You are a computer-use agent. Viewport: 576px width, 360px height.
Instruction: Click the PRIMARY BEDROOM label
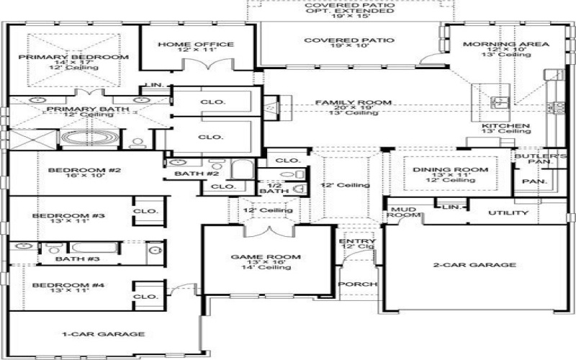73,57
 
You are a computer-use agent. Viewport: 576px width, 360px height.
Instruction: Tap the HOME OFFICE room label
185,45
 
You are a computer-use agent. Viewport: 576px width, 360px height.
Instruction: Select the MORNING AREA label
505,45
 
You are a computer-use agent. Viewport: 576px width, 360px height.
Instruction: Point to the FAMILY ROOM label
354,103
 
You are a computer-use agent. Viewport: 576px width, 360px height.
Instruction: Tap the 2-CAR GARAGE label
476,265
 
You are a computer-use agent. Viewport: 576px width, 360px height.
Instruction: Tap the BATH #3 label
77,258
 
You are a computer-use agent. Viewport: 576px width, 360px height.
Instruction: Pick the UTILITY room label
508,213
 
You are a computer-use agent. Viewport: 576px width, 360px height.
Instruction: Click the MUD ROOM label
404,212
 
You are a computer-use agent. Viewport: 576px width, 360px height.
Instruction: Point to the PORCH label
358,284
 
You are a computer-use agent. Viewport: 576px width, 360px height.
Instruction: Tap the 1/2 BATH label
269,186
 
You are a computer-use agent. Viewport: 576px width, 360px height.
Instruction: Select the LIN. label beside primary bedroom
155,86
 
